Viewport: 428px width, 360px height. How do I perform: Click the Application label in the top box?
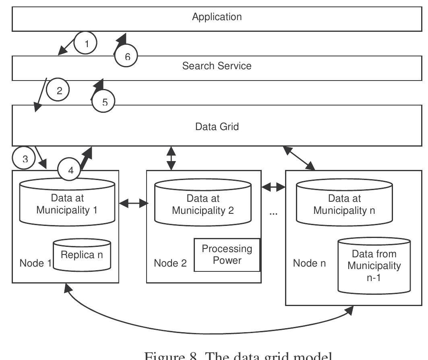point(217,17)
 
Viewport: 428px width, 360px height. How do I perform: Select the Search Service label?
point(217,66)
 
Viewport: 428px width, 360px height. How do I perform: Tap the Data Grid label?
point(217,126)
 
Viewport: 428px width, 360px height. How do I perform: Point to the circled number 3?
point(25,159)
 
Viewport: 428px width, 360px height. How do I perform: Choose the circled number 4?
point(70,170)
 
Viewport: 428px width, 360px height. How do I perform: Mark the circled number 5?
point(104,102)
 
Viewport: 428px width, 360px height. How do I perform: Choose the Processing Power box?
point(227,254)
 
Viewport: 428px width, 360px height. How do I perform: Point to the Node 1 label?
point(35,263)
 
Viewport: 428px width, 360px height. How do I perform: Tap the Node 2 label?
point(170,263)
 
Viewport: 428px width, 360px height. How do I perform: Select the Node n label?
point(309,263)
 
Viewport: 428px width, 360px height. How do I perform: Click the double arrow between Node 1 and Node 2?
point(132,204)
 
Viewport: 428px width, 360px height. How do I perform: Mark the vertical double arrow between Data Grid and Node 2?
point(172,158)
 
